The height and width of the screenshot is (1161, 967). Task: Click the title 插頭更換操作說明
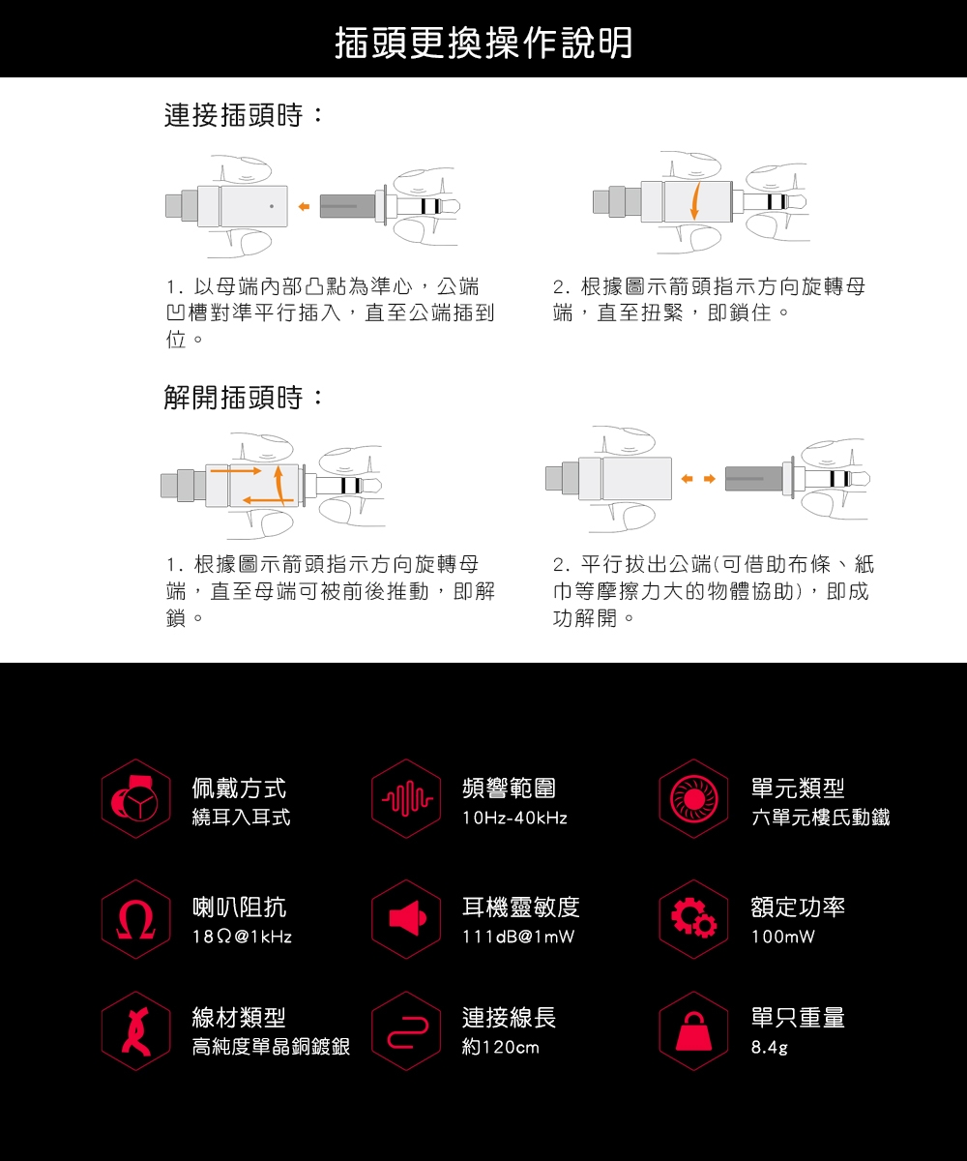click(483, 42)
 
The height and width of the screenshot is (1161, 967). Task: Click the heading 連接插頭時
click(245, 118)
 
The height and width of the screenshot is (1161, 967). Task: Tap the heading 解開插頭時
click(245, 398)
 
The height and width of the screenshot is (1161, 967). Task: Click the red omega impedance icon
click(136, 920)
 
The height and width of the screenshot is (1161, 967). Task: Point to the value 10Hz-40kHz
click(515, 819)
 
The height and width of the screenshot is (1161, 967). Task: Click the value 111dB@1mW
click(518, 938)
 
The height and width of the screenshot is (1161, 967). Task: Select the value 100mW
click(782, 938)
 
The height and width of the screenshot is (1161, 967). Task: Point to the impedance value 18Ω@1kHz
click(242, 938)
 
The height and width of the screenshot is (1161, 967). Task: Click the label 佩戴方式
click(239, 789)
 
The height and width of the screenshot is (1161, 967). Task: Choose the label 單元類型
click(798, 789)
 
